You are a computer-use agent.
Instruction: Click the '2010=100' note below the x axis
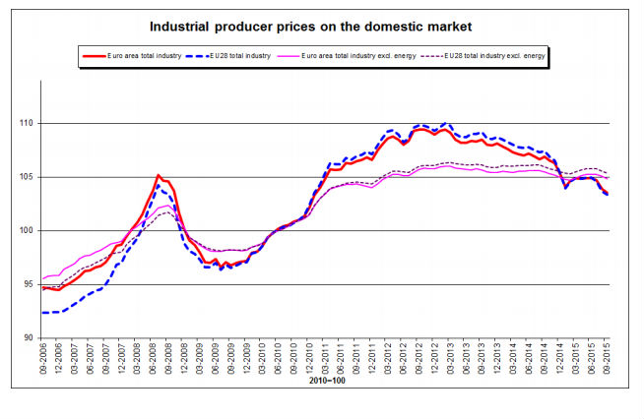pyautogui.click(x=326, y=379)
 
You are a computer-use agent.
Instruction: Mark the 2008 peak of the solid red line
pyautogui.click(x=158, y=175)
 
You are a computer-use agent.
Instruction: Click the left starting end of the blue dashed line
pyautogui.click(x=43, y=313)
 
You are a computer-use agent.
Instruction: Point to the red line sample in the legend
pyautogui.click(x=93, y=56)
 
